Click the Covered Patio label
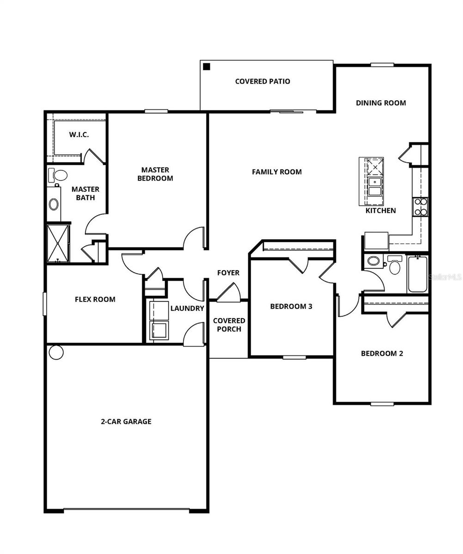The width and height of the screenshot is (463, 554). pos(262,81)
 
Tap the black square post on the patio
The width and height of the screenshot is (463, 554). pos(207,66)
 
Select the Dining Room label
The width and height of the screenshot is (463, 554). pos(381,102)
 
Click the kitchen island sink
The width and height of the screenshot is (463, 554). pos(374,187)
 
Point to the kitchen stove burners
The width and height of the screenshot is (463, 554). pos(420,207)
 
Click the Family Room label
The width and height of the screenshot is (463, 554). pos(277,172)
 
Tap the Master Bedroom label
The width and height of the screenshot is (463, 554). pos(155,174)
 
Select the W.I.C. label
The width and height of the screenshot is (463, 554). pos(79,134)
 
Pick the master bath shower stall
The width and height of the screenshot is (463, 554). pos(58,243)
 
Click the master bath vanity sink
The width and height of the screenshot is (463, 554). pos(54,204)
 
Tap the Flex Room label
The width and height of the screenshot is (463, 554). pos(95,299)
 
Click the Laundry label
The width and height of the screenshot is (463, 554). pos(187,308)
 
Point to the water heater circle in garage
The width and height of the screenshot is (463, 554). pos(56,352)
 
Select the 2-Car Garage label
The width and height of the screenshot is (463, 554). pos(126,421)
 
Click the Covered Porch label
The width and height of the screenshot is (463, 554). pos(229,325)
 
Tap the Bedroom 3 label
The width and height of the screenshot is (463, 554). pos(288,306)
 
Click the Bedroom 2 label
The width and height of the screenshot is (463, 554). pos(382,353)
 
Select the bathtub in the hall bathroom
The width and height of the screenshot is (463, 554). pos(418,274)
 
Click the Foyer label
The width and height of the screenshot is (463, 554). pos(228,273)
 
